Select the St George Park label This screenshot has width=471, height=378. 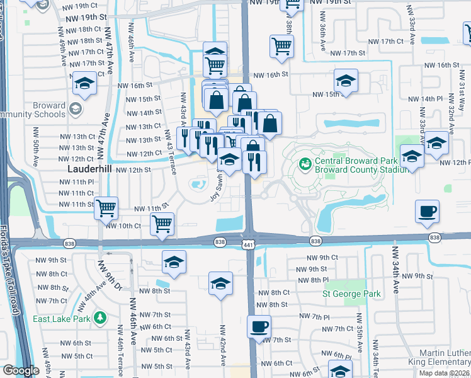351,294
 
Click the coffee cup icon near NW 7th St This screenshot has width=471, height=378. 259,328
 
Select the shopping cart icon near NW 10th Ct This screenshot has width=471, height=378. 162,223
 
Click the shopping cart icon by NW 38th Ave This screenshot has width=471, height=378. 281,45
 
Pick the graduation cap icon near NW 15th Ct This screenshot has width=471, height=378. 345,81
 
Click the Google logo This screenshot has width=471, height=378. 21,371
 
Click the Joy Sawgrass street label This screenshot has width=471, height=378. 218,186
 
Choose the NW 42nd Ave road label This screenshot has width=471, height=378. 222,345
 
